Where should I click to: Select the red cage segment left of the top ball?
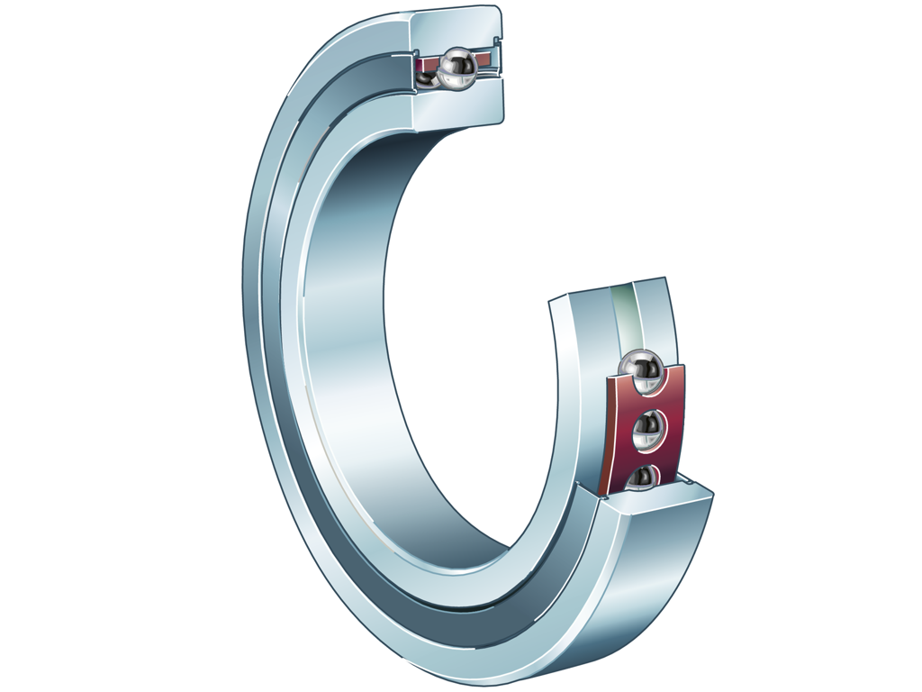pyautogui.click(x=427, y=63)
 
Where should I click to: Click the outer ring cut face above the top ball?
pyautogui.click(x=455, y=28)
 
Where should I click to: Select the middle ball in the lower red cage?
pyautogui.click(x=647, y=432)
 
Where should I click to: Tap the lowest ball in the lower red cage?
pyautogui.click(x=643, y=478)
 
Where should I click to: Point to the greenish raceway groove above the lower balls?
pyautogui.click(x=623, y=315)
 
